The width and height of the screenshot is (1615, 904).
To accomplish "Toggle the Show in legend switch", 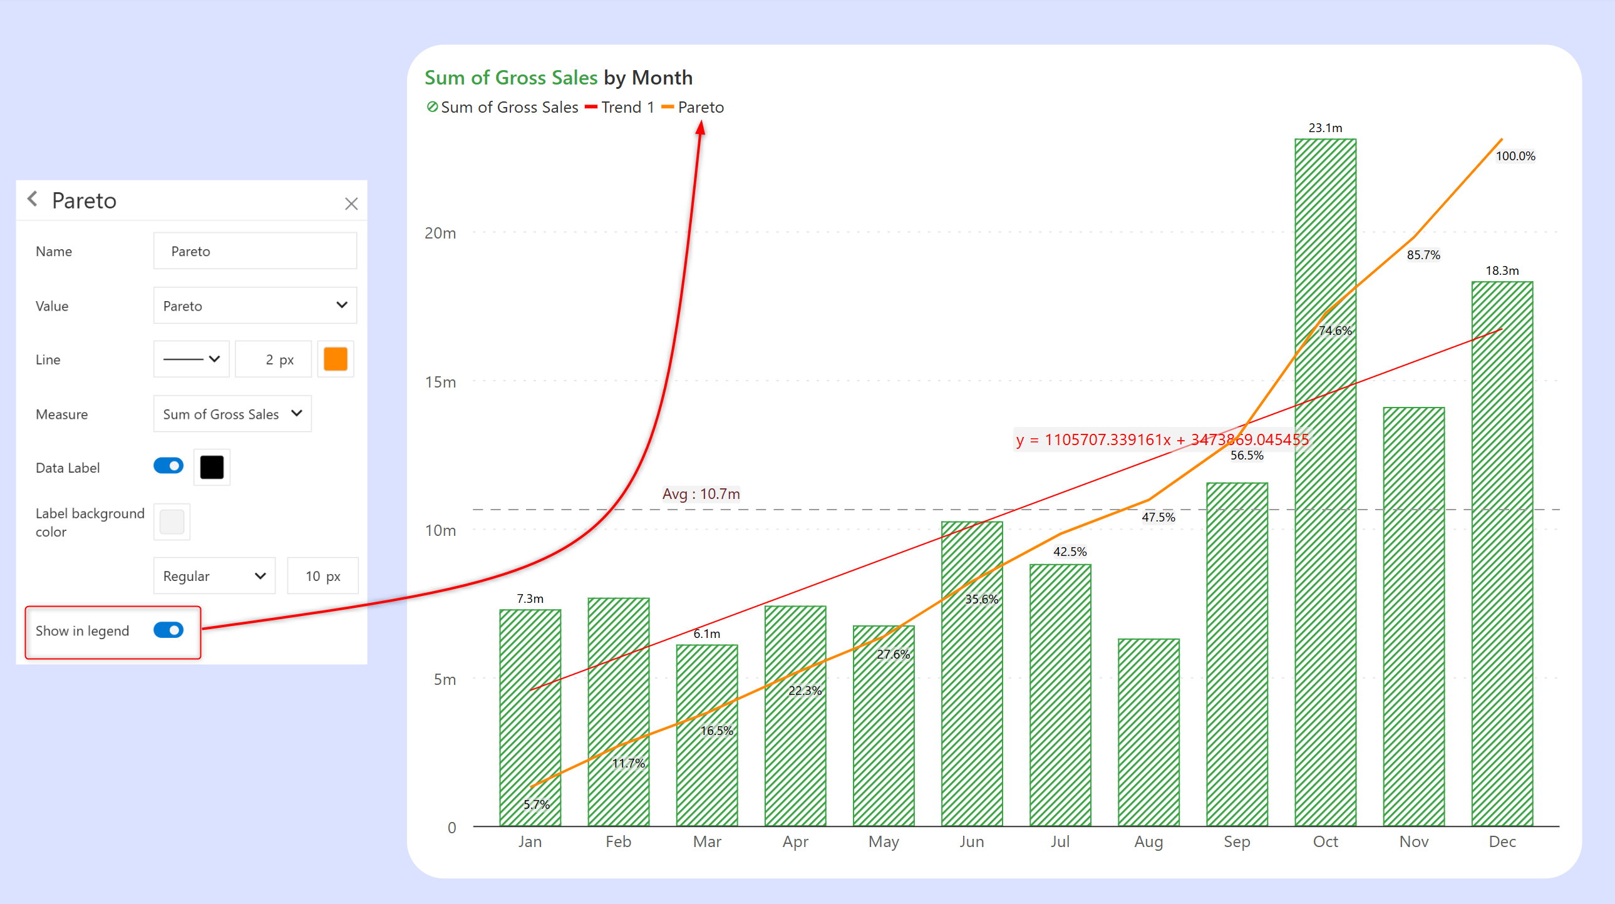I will (168, 630).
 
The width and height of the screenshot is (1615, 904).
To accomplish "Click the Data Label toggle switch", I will (168, 466).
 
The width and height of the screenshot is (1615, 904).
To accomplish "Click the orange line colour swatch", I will (336, 359).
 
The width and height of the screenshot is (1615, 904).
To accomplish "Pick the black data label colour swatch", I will (212, 467).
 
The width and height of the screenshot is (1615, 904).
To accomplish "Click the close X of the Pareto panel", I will (351, 203).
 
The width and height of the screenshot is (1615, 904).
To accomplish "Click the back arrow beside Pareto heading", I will (33, 199).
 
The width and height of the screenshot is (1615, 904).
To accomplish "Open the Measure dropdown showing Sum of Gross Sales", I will (232, 414).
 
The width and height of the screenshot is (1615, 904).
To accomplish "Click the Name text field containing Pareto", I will (255, 252).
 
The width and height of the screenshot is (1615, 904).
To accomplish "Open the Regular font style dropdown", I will (214, 575).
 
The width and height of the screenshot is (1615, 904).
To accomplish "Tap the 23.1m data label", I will (1325, 128).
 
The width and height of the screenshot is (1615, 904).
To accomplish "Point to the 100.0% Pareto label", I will (1515, 156).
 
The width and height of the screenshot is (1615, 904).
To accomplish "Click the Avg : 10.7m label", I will (701, 494).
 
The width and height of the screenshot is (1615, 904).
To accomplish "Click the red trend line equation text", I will (1162, 439).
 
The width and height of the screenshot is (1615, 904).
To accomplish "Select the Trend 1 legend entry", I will (620, 107).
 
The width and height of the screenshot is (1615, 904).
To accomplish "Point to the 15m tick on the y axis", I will (441, 382).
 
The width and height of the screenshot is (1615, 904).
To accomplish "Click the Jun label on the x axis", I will (972, 841).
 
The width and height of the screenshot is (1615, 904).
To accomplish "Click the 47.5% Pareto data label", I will (1158, 517).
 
